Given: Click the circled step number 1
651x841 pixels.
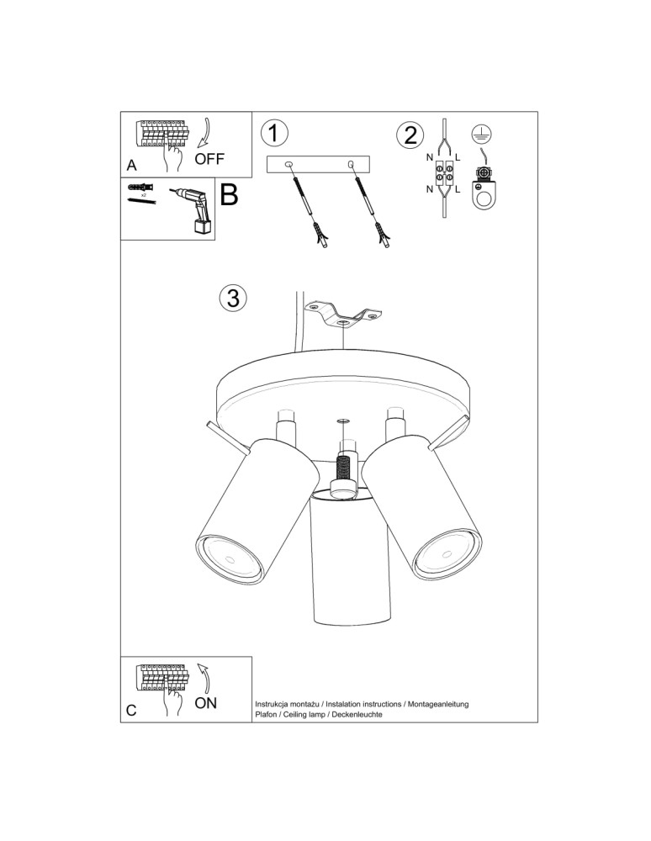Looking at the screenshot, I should point(275,134).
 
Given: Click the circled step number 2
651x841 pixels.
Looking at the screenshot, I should point(410,135).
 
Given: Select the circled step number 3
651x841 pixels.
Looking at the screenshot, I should point(233,297).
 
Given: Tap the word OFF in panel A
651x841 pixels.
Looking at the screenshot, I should point(209,158).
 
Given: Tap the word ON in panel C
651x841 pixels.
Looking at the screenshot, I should point(205,702).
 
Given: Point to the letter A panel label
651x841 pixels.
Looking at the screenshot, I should point(131,166).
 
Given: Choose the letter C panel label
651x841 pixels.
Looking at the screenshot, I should point(131,710).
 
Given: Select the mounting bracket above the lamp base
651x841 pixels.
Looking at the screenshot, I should point(343,314).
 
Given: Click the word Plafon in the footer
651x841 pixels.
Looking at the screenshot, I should point(268,714).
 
